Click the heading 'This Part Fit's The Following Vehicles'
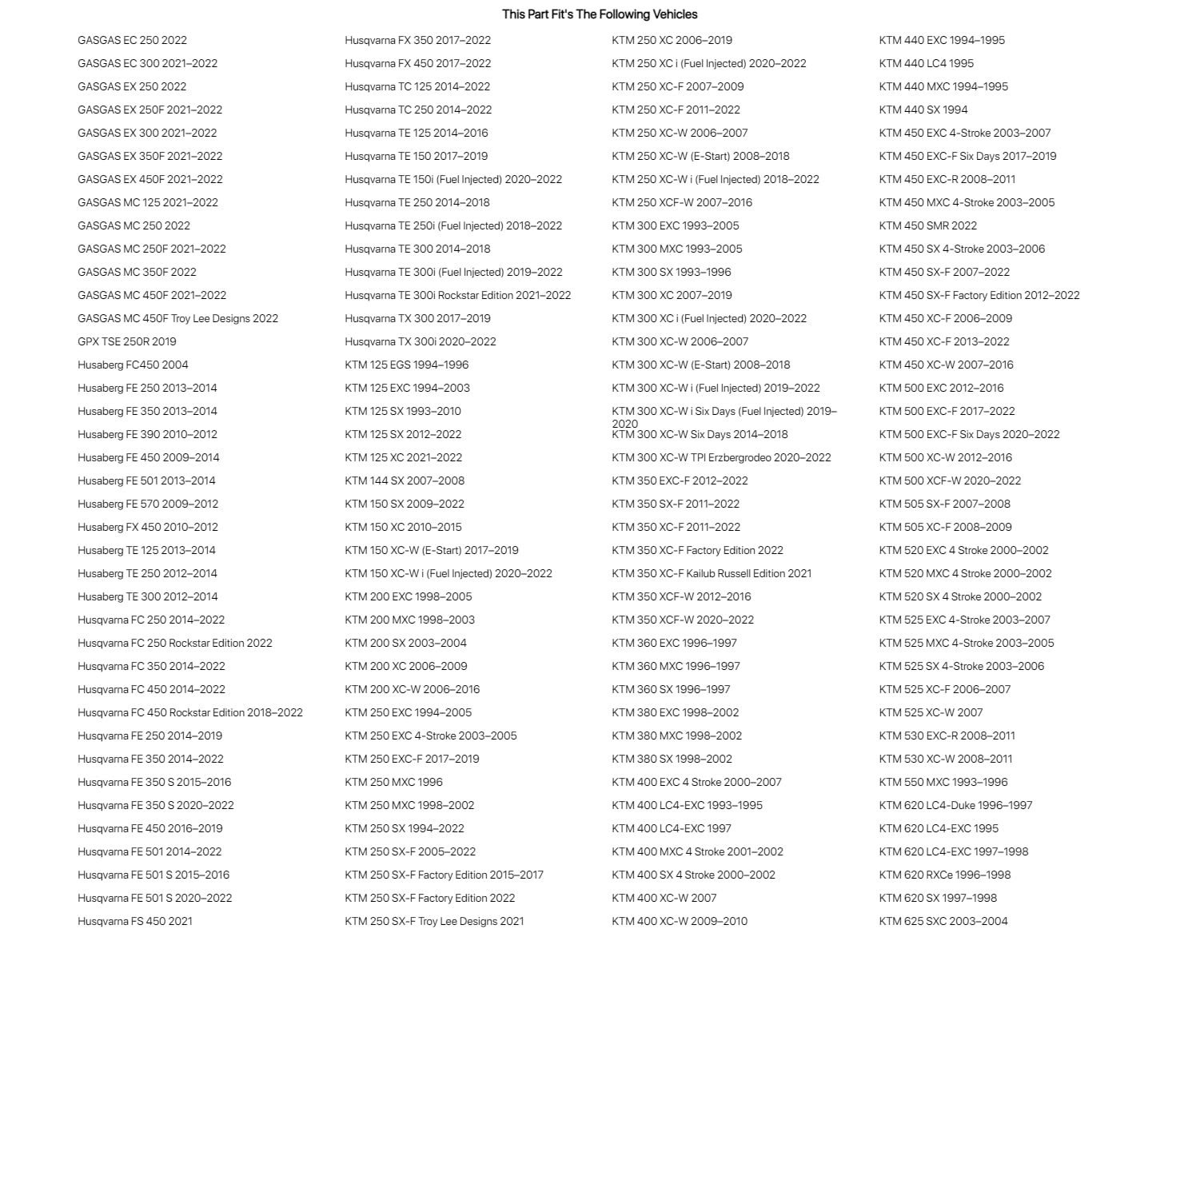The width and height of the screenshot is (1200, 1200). coord(600,14)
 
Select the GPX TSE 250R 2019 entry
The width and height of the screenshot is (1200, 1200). coord(127,341)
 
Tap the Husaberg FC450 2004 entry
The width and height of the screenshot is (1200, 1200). coord(133,365)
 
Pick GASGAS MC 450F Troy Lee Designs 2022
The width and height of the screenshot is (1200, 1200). coord(177,318)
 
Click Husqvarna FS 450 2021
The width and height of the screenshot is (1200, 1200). coord(135,921)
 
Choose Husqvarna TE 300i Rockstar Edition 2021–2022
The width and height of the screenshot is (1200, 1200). coord(457,295)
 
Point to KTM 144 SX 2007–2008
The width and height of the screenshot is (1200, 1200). coord(405,480)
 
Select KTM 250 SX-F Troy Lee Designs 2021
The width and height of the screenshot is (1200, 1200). coord(434,921)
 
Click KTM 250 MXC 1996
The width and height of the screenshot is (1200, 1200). coord(393,782)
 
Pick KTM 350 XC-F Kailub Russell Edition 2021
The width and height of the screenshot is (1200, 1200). coord(712,573)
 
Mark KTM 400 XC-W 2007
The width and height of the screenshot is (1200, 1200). coord(664,898)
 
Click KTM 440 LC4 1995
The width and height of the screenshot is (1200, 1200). coord(927,63)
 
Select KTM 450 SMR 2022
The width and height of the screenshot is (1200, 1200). coord(928,225)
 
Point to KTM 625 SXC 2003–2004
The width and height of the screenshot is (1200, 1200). coord(943,921)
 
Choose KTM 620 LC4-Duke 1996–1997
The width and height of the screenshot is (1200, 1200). coord(955,805)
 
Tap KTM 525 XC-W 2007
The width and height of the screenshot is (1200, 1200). coord(931,712)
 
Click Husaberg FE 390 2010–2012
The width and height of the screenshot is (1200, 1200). coord(147,434)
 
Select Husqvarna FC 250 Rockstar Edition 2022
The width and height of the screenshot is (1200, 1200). coord(175,643)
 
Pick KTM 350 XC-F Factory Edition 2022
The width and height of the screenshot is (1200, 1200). coord(697,550)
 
